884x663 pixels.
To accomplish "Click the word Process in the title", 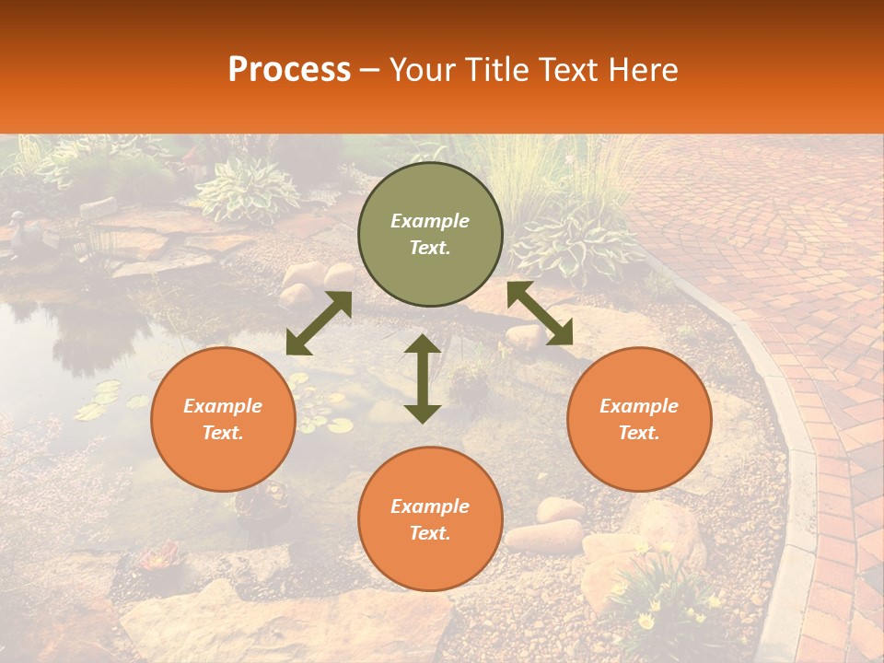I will click(x=289, y=70).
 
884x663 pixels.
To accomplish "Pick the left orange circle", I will click(x=223, y=419).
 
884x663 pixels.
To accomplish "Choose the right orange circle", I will click(x=639, y=419).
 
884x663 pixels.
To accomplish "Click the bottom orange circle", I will click(x=430, y=519).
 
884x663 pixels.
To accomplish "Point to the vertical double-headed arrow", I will click(x=423, y=378).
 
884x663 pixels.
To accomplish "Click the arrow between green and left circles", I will click(x=319, y=323).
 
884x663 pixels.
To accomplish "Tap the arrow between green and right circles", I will click(x=540, y=313).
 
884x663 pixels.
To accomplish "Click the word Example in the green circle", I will click(x=430, y=221).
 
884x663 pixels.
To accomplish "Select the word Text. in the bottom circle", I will click(x=430, y=533).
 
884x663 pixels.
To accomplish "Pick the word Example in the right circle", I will click(x=639, y=406).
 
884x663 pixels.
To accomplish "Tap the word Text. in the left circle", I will click(x=223, y=433).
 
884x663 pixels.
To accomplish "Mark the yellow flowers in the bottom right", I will click(x=658, y=599).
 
